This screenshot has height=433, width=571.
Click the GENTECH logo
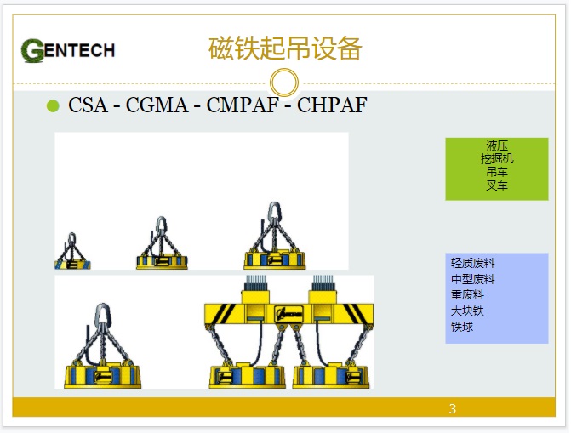pyautogui.click(x=68, y=50)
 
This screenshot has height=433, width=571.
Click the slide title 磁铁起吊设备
pyautogui.click(x=285, y=48)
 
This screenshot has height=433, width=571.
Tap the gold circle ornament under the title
pyautogui.click(x=284, y=83)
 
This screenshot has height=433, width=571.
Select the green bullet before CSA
pyautogui.click(x=53, y=106)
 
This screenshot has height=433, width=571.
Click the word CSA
pyautogui.click(x=88, y=105)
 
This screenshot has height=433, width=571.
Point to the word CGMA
pyautogui.click(x=157, y=105)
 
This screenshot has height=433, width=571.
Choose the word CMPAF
pyautogui.click(x=243, y=105)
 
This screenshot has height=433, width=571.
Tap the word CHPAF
pyautogui.click(x=332, y=105)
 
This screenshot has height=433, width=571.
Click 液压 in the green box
pyautogui.click(x=497, y=145)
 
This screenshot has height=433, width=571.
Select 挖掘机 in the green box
pyautogui.click(x=497, y=158)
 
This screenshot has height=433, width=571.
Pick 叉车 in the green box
pyautogui.click(x=497, y=185)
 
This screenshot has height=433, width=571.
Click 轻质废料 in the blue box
pyautogui.click(x=472, y=263)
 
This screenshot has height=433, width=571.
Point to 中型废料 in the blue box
pyautogui.click(x=472, y=279)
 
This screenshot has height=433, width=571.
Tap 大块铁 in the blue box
pyautogui.click(x=467, y=311)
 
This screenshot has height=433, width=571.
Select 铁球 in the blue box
pyautogui.click(x=462, y=327)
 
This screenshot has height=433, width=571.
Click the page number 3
pyautogui.click(x=452, y=408)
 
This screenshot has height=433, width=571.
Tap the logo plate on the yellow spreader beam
pyautogui.click(x=289, y=313)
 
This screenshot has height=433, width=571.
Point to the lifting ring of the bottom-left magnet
pyautogui.click(x=102, y=315)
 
